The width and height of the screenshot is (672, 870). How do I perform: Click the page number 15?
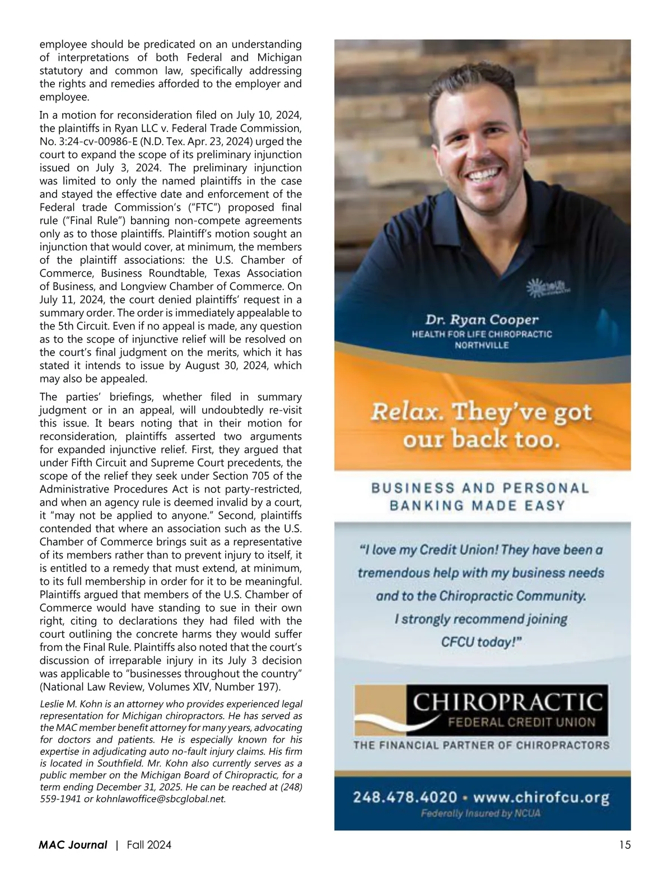[x=625, y=845]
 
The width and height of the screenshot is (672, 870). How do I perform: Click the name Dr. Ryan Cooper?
[x=482, y=320]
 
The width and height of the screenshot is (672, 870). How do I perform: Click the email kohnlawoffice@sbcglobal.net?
[x=161, y=799]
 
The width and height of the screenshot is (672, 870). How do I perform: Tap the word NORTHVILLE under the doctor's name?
[x=482, y=345]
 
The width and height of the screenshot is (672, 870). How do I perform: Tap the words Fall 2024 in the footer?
[x=149, y=845]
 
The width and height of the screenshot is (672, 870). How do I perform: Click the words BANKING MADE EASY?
[x=477, y=505]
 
